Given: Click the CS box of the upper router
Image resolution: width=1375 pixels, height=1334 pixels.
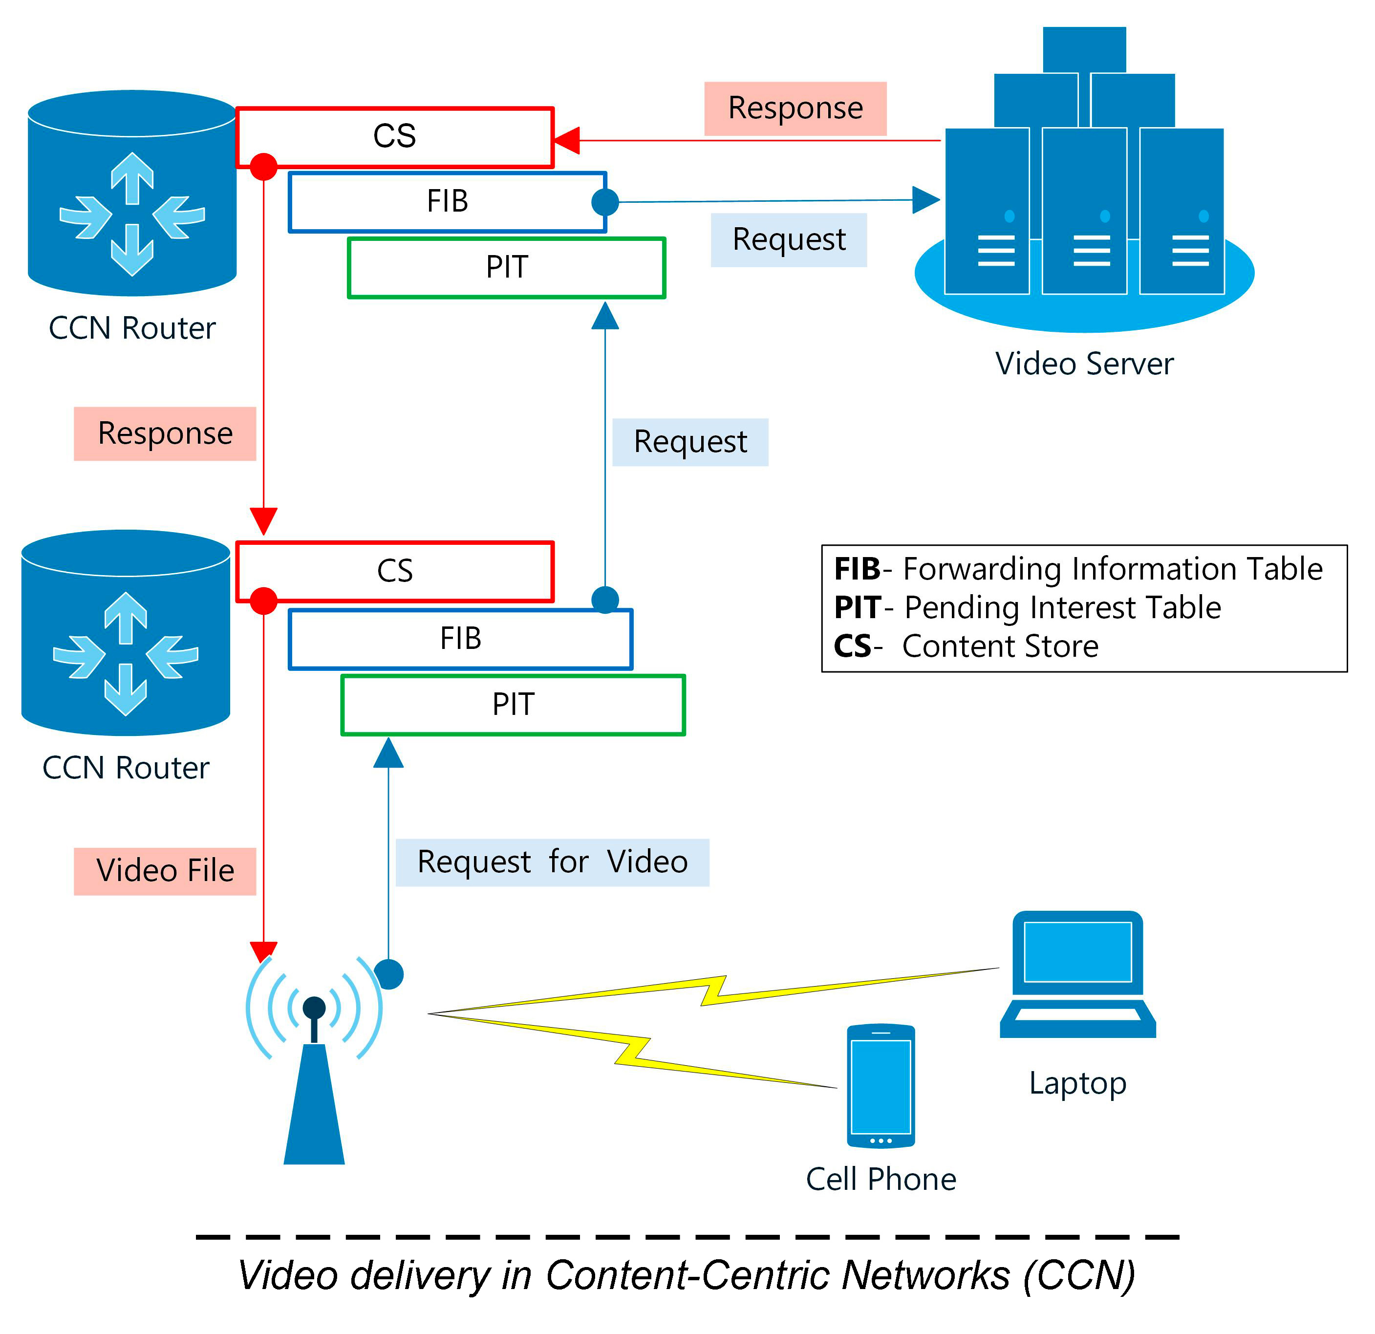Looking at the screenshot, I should click(394, 137).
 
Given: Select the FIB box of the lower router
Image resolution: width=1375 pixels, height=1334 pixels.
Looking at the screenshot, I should click(460, 639).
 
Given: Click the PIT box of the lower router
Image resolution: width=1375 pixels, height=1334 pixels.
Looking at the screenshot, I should click(513, 705).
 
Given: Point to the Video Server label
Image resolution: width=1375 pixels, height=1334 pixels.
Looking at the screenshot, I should click(1084, 364).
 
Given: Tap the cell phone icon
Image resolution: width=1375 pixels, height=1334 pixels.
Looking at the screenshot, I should click(881, 1086).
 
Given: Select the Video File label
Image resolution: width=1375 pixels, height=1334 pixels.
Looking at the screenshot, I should click(165, 871).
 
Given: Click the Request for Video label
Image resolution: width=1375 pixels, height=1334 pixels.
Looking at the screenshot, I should click(552, 862).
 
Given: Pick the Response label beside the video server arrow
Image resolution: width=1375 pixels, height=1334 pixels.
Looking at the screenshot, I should click(795, 108).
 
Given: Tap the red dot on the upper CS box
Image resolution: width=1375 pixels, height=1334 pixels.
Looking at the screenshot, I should click(264, 166).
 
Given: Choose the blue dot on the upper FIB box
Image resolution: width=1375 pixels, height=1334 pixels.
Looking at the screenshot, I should click(605, 202).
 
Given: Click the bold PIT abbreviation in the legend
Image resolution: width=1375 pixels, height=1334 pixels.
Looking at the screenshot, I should click(857, 608).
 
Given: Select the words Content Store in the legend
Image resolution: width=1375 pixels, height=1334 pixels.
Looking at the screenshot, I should click(1000, 646).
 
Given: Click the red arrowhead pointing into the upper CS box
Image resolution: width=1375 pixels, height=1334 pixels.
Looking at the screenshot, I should click(567, 140).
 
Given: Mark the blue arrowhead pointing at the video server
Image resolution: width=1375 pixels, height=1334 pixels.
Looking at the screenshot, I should click(925, 200).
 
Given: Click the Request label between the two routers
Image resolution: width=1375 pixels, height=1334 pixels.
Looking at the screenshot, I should click(690, 442).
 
